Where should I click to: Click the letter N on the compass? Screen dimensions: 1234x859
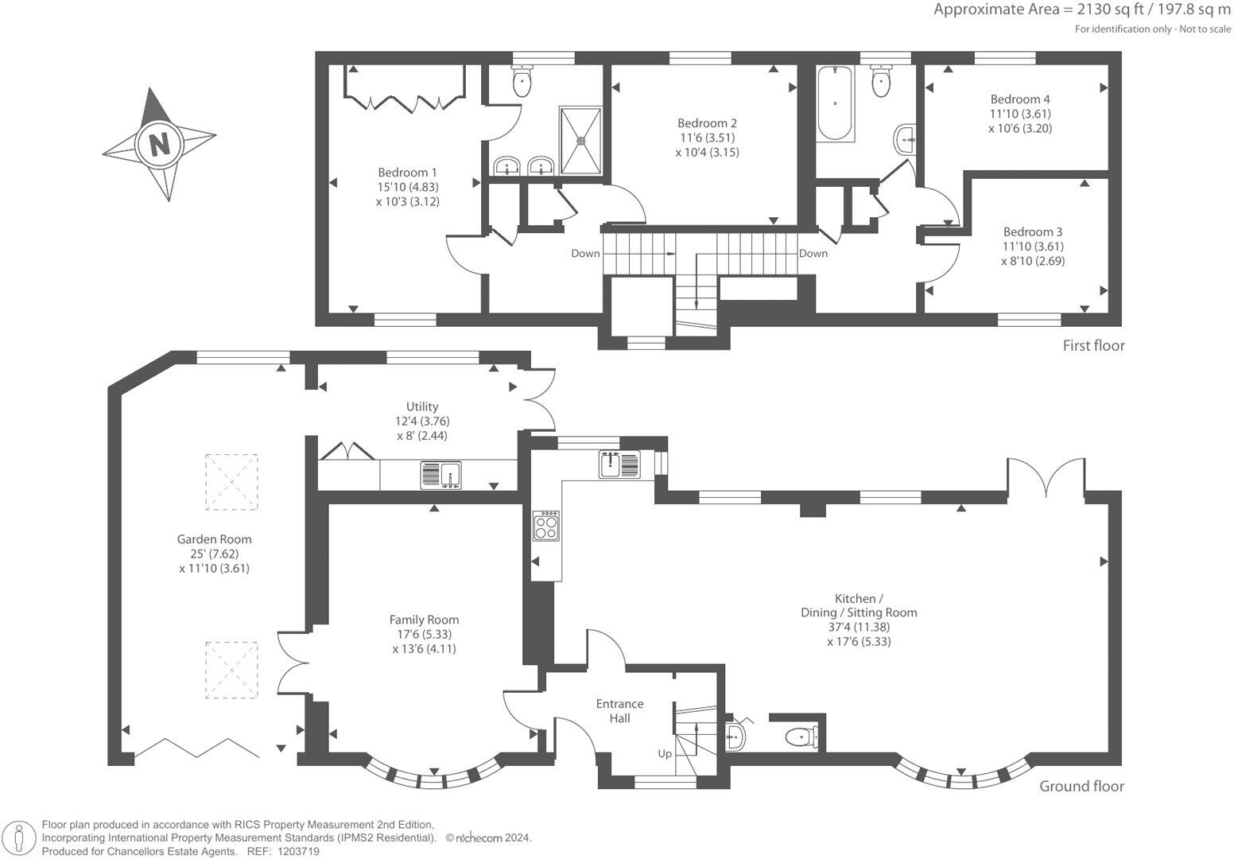[x=159, y=145]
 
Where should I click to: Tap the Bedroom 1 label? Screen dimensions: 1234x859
[x=407, y=173]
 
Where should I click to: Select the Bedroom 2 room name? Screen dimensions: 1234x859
[x=707, y=122]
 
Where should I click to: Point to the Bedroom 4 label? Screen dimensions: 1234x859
[x=1019, y=99]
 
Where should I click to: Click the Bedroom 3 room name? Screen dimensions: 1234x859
[x=1032, y=232]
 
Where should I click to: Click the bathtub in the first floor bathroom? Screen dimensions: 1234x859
[x=835, y=103]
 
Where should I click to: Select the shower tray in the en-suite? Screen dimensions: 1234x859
[x=580, y=141]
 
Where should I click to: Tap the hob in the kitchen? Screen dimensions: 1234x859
[x=546, y=526]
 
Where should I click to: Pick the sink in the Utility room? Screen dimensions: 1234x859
[x=440, y=476]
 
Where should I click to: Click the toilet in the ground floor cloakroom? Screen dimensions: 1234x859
[x=801, y=737]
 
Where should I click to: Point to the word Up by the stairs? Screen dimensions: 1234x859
[x=665, y=753]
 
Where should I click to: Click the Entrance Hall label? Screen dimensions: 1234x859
[x=619, y=711]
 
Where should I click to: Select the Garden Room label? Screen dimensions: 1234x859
[x=214, y=539]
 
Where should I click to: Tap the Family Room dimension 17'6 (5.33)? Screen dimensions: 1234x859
[x=424, y=634]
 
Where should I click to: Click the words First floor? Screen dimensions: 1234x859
[x=1093, y=345]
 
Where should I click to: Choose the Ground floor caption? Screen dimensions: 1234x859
[x=1081, y=787]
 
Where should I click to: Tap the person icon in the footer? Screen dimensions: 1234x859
[x=20, y=838]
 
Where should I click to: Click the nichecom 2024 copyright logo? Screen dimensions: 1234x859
[x=488, y=838]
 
